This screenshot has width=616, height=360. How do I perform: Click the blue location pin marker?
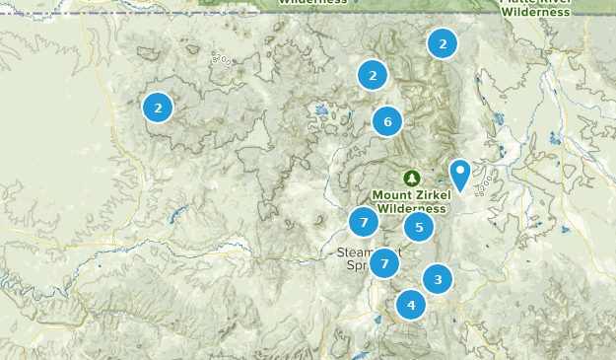click(x=460, y=175)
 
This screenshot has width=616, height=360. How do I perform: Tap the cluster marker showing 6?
click(x=387, y=121)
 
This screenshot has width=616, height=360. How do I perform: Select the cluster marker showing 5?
click(x=419, y=227)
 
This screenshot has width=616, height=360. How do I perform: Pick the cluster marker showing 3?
click(x=438, y=279)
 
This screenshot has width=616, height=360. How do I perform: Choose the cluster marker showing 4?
click(x=410, y=305)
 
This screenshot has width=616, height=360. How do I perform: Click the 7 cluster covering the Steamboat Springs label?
click(x=384, y=263)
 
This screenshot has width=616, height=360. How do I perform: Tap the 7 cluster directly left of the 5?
click(x=364, y=222)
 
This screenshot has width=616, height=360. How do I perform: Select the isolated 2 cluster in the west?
click(x=158, y=107)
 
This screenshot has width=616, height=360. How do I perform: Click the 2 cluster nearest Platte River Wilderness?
click(x=443, y=43)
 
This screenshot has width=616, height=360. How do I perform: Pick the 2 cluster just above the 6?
click(x=372, y=74)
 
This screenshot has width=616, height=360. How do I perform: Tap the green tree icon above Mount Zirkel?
click(x=411, y=178)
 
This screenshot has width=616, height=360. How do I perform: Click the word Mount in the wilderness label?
click(x=394, y=194)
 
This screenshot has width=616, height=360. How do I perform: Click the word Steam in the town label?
click(x=353, y=252)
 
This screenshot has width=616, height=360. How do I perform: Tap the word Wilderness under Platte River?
click(x=535, y=13)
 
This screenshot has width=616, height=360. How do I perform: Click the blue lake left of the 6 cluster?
click(x=320, y=111)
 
